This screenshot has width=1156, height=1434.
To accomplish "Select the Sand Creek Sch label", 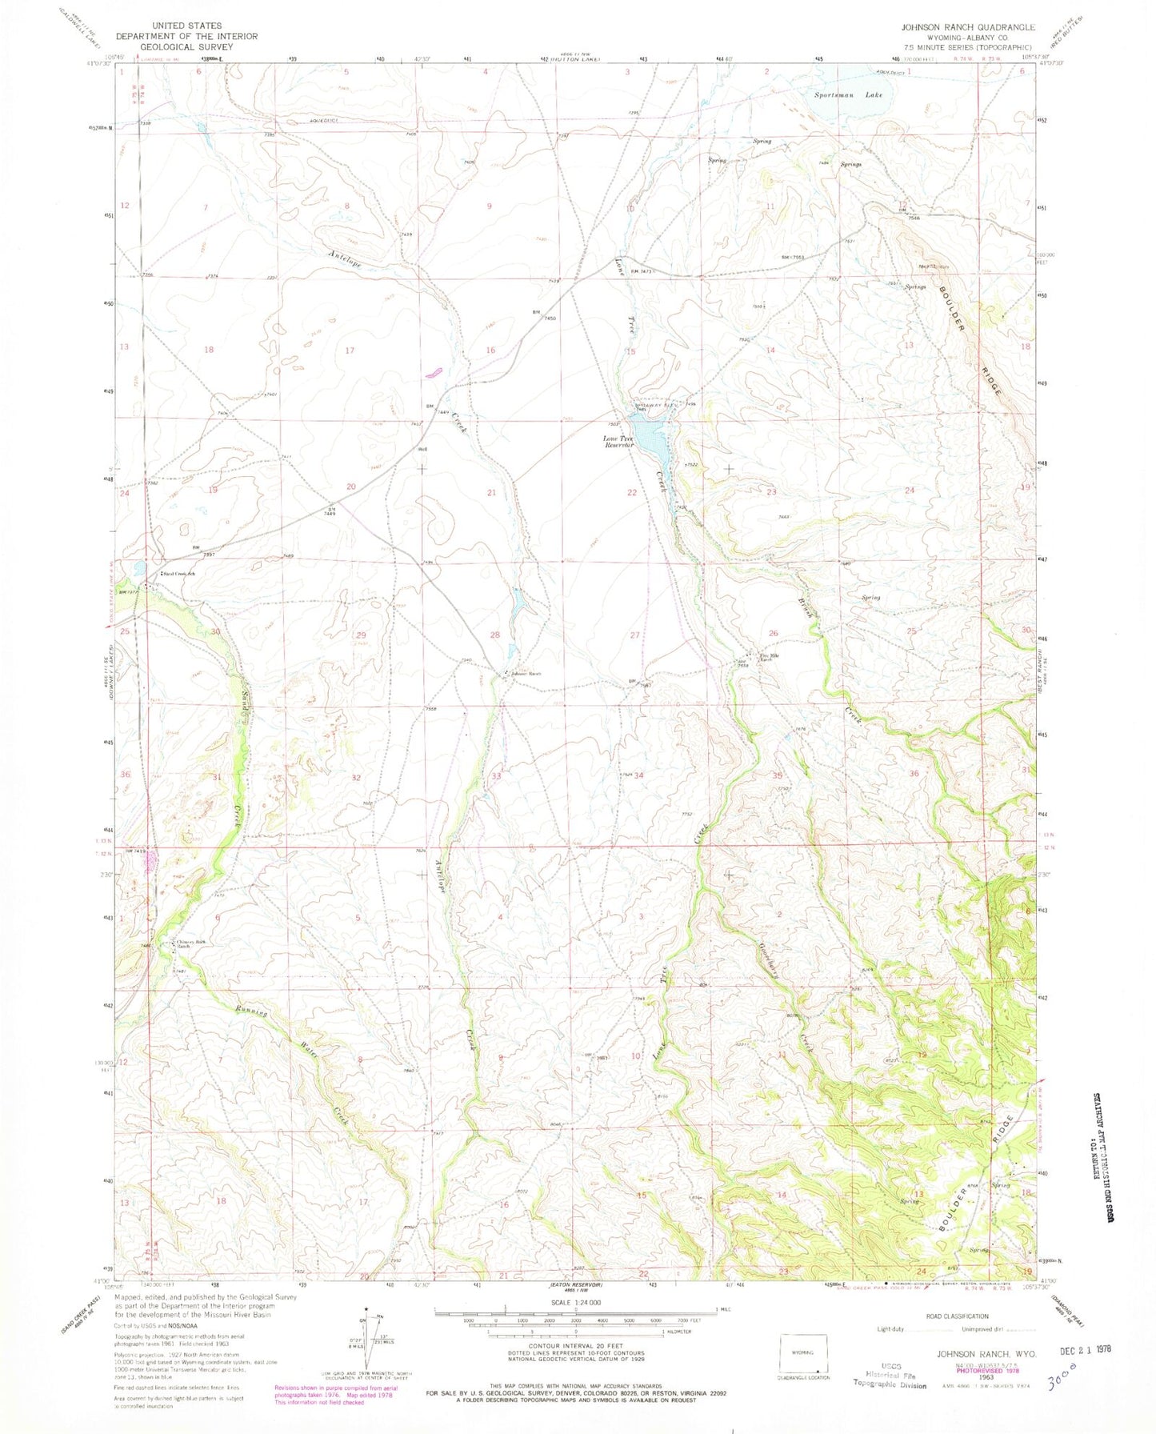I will pyautogui.click(x=181, y=574).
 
